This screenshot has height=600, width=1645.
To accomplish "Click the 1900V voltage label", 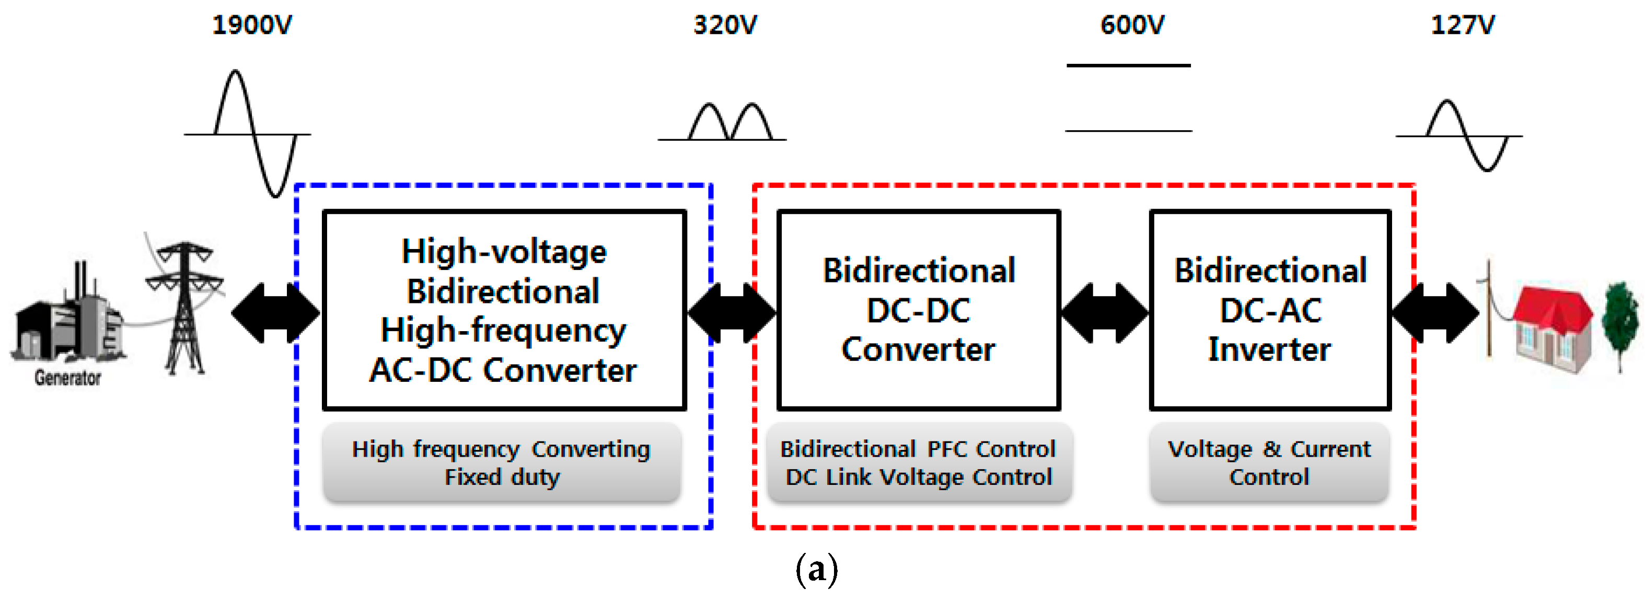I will coord(252,26).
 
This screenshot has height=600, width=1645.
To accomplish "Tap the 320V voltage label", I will coord(725,26).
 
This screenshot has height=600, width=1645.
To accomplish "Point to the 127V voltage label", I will coord(1462,26).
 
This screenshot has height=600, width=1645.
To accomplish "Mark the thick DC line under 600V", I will coord(1128,65).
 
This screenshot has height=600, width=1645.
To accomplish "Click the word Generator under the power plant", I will coord(68,378).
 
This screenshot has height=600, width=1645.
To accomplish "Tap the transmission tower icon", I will coord(185,307).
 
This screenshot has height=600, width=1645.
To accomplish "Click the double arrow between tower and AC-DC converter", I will coord(276,313).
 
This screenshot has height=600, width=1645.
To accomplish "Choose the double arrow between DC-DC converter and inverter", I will coord(1105,313).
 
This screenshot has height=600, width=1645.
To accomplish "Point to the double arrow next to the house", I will coord(1435,313).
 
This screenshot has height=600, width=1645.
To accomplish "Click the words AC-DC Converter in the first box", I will coord(503,370).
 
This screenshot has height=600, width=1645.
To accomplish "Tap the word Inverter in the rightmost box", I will coord(1269,349).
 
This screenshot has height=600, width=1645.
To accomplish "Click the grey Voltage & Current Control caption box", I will coord(1269,462).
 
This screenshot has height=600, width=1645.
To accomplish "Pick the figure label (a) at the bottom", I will coord(816,569).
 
